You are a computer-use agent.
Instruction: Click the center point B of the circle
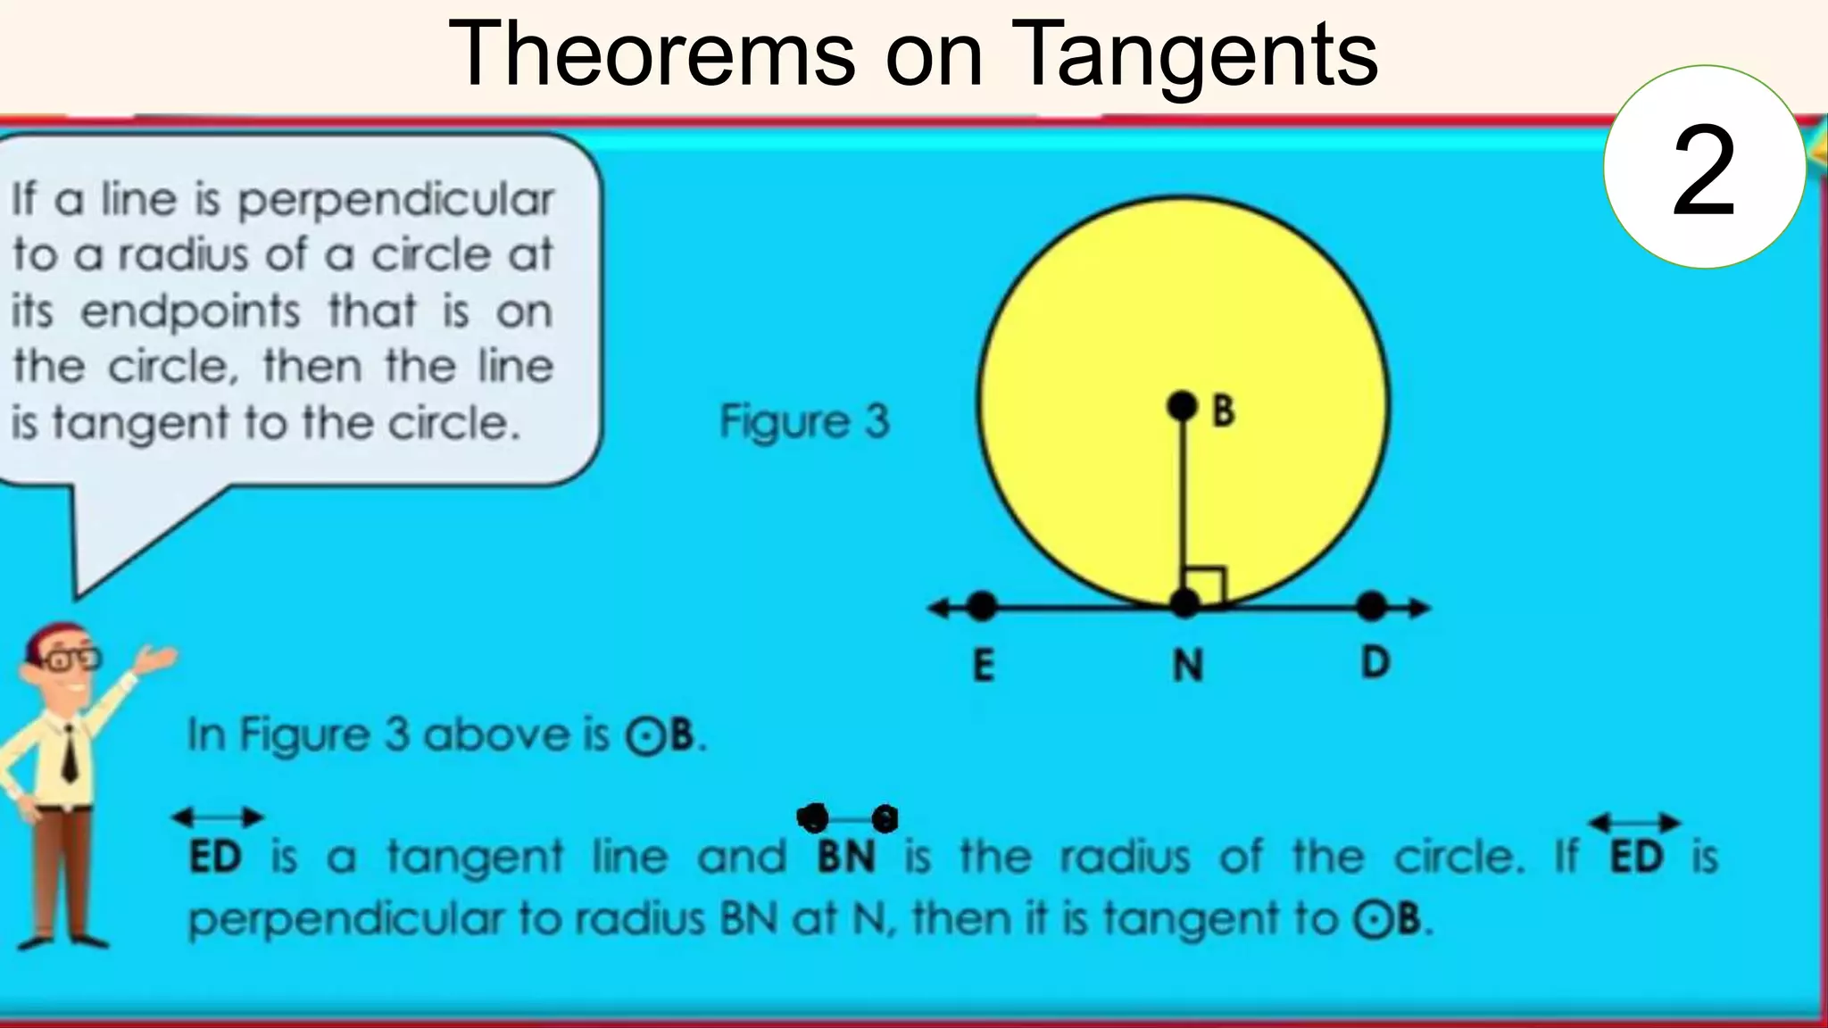coord(1182,407)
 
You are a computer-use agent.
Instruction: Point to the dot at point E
coord(981,607)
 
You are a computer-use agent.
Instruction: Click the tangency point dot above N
coord(1184,604)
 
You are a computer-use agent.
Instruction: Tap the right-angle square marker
coord(1205,584)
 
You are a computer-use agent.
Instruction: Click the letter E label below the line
coord(983,666)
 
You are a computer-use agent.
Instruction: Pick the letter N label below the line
coord(1187,666)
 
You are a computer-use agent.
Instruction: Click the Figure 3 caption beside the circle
coord(804,421)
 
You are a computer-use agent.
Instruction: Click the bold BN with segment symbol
coord(846,855)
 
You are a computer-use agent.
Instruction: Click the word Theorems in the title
coord(651,55)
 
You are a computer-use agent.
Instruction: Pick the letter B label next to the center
coord(1223,410)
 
